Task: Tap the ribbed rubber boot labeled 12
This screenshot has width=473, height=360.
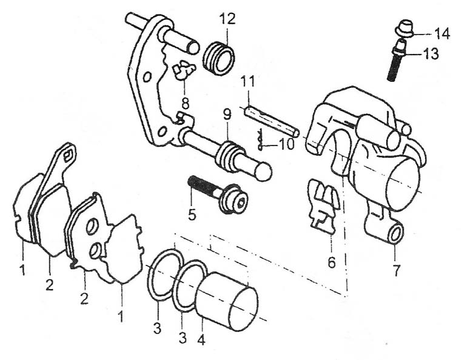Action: [218, 57]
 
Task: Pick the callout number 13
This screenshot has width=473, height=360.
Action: [431, 55]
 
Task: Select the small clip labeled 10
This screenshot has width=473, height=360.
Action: [261, 142]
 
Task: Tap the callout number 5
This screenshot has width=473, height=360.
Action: [192, 215]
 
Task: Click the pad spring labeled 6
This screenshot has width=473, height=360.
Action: [323, 206]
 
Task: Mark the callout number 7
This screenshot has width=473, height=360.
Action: [396, 270]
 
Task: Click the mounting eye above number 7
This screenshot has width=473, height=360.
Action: [395, 232]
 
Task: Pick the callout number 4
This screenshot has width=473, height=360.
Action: [201, 340]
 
